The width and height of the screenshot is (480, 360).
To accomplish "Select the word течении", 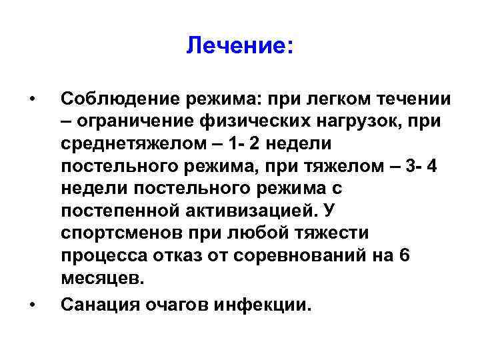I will pyautogui.click(x=414, y=99).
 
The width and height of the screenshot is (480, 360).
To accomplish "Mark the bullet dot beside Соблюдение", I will pyautogui.click(x=32, y=100).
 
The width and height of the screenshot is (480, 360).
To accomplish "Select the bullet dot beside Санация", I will pyautogui.click(x=32, y=305).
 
